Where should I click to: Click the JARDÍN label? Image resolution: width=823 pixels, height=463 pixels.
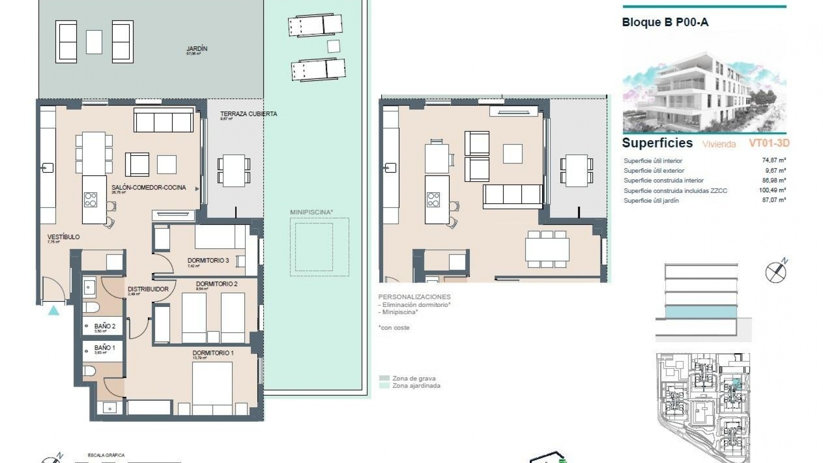pos(197,49)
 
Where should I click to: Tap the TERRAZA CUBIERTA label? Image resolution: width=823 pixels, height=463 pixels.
pos(249,114)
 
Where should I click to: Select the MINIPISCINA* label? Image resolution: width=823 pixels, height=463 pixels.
pos(312,212)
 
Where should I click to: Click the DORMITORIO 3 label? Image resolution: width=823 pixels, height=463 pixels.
pos(208,261)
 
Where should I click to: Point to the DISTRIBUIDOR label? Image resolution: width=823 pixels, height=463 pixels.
pos(148,289)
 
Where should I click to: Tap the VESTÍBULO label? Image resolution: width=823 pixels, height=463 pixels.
pos(63,237)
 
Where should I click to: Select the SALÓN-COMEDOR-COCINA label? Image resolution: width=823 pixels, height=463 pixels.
pos(149,188)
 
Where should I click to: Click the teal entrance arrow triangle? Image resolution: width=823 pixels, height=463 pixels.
pos(54,311)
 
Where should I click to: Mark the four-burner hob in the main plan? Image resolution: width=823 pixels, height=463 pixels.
pos(90,199)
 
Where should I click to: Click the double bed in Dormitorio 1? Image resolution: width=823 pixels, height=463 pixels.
pos(212,388)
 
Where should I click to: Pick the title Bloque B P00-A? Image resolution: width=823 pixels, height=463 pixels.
pos(665,22)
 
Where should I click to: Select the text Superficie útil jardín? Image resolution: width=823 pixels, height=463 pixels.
pos(651,201)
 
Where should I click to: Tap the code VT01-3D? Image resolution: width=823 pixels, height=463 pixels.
pos(769,143)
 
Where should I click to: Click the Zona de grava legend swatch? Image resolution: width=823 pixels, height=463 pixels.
pos(384,379)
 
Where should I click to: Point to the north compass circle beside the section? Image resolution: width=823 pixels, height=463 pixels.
pos(775,272)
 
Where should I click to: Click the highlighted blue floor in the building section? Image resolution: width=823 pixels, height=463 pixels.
pos(701,312)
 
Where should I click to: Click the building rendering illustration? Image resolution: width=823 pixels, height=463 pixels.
pos(704,92)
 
